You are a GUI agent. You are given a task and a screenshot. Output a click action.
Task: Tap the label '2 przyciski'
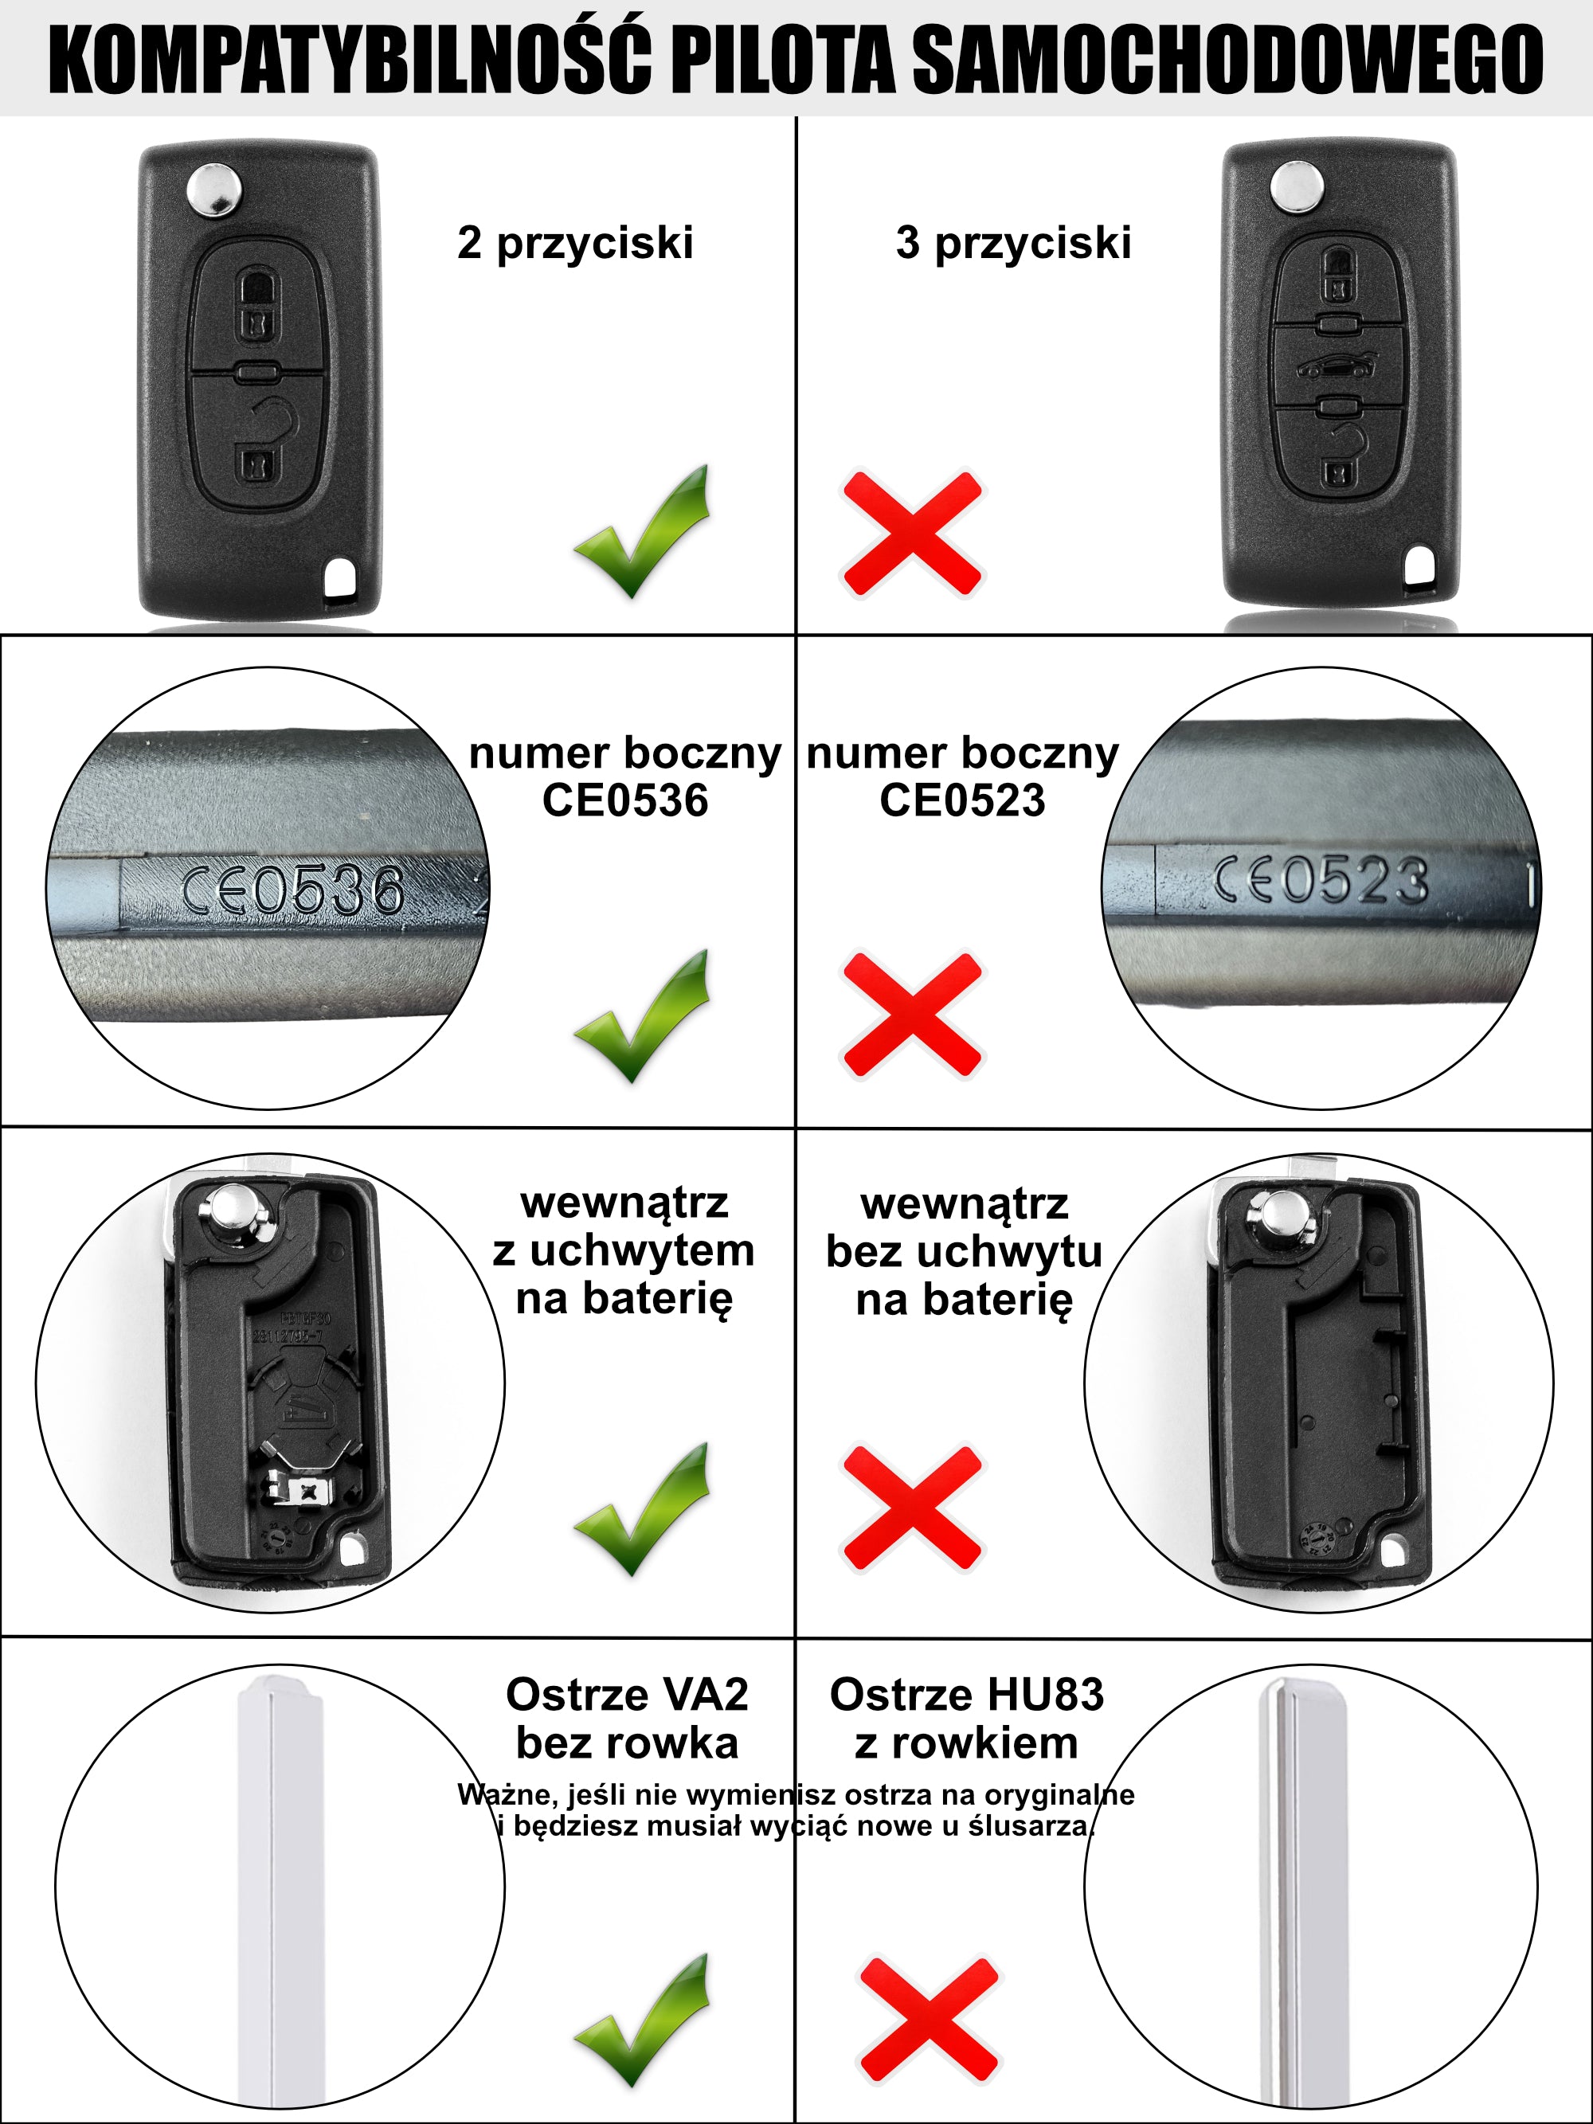pyautogui.click(x=575, y=242)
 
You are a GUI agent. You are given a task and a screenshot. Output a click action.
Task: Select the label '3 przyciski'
pyautogui.click(x=1013, y=242)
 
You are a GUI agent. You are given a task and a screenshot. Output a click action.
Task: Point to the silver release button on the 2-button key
pyautogui.click(x=214, y=188)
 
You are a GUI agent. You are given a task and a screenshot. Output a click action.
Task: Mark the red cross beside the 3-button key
pyautogui.click(x=912, y=534)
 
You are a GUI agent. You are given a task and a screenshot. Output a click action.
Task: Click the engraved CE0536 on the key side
pyautogui.click(x=293, y=889)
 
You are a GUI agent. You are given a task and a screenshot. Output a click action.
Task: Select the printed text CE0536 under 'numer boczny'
pyautogui.click(x=625, y=800)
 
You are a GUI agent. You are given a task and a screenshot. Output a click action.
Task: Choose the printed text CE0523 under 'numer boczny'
pyautogui.click(x=962, y=800)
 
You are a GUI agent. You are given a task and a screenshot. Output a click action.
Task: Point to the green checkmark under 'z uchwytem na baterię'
pyautogui.click(x=643, y=1508)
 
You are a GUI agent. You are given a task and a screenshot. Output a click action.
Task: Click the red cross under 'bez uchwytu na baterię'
pyautogui.click(x=912, y=1508)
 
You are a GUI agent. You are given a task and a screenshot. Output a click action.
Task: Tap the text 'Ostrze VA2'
pyautogui.click(x=627, y=1695)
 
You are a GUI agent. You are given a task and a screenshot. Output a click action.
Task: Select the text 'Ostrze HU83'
pyautogui.click(x=967, y=1695)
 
